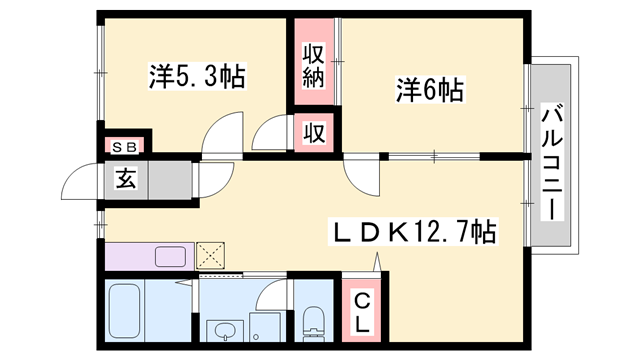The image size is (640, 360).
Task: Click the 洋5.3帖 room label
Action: coord(197,76)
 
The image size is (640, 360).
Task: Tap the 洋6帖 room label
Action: coord(430,90)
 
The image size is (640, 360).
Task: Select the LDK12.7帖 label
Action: coord(413,231)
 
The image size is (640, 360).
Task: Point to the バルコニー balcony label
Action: coord(552,162)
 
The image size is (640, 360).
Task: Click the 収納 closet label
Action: coord(313,67)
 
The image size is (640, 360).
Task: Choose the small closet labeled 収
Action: coord(314,133)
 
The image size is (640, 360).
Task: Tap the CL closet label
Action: coord(362,314)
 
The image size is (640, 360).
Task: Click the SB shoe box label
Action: coord(124,147)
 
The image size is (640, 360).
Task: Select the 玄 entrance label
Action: coord(126,180)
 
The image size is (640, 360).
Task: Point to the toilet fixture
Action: coord(313,324)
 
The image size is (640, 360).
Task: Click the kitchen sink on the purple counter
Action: coord(170,257)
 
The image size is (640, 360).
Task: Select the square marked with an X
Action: coord(210,256)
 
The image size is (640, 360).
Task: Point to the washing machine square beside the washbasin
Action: coord(265,327)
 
